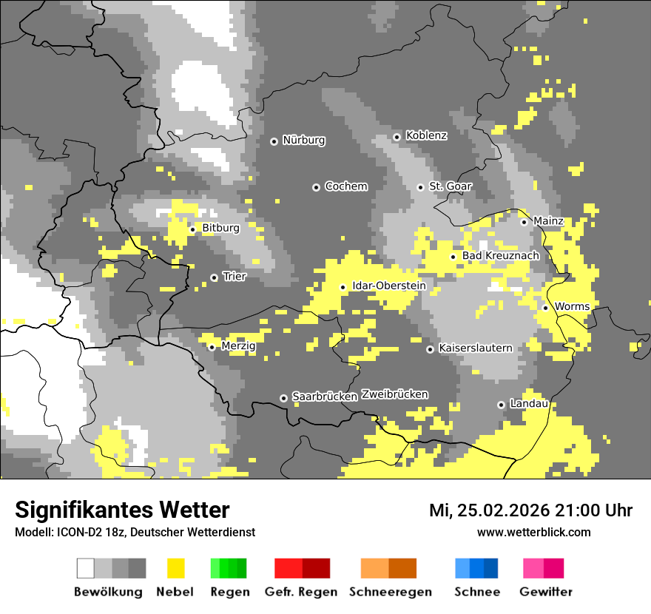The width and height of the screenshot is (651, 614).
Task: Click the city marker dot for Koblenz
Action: (397, 136)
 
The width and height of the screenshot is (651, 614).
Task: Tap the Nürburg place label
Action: (303, 140)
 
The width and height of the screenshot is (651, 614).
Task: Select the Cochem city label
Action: (346, 186)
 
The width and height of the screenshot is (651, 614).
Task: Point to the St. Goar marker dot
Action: (420, 187)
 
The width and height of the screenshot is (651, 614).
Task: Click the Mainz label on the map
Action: (548, 221)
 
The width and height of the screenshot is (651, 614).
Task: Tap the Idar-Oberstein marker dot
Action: (343, 287)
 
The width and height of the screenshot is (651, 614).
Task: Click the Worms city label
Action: (572, 306)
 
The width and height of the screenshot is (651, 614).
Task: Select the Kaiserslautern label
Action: (475, 348)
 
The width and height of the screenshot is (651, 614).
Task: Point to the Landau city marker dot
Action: (501, 405)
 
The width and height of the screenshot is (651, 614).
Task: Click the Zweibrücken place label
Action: (394, 394)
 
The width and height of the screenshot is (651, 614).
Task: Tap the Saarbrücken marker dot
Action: (283, 398)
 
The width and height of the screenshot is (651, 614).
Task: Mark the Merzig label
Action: (238, 346)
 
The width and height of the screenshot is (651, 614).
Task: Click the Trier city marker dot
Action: (214, 277)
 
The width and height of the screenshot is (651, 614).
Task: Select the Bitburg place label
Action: (220, 228)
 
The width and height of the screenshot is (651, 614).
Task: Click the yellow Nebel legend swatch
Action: (176, 568)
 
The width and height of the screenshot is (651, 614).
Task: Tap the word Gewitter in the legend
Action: (546, 592)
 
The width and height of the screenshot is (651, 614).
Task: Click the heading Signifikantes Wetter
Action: (122, 510)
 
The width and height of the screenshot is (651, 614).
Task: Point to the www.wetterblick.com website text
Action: (533, 532)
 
